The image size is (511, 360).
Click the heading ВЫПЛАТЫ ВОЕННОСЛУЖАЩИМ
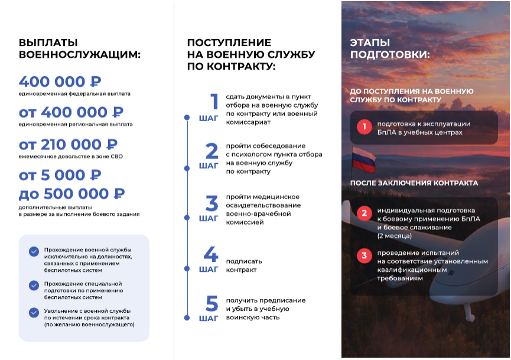[79, 48]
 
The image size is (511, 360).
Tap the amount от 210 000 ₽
[68, 144]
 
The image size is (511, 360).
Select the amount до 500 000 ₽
[71, 194]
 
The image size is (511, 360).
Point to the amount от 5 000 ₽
[60, 175]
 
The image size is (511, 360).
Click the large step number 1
[214, 102]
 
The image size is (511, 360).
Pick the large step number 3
[211, 203]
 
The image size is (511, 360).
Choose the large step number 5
[211, 304]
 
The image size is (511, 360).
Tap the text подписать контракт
[243, 265]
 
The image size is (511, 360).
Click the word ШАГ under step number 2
[209, 166]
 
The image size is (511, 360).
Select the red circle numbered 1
[364, 127]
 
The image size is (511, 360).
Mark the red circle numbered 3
[364, 256]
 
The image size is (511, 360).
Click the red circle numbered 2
[364, 213]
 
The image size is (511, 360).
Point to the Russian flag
[359, 158]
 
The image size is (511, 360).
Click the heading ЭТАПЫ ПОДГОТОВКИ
[389, 48]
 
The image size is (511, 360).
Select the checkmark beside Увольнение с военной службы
[34, 313]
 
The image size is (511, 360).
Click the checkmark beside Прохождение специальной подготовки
[34, 286]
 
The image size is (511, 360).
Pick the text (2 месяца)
[395, 236]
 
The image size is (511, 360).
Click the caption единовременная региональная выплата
[76, 124]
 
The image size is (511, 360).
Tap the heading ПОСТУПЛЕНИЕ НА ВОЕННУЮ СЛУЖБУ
[250, 54]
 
